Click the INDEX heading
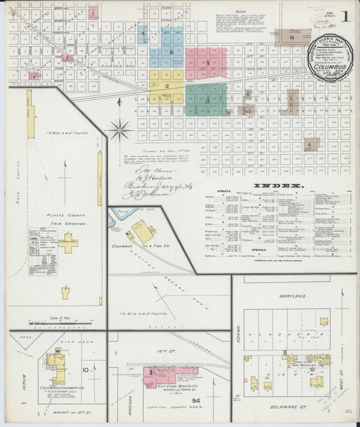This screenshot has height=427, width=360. [x=278, y=185]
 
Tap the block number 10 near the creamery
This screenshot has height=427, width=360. [x=86, y=370]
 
